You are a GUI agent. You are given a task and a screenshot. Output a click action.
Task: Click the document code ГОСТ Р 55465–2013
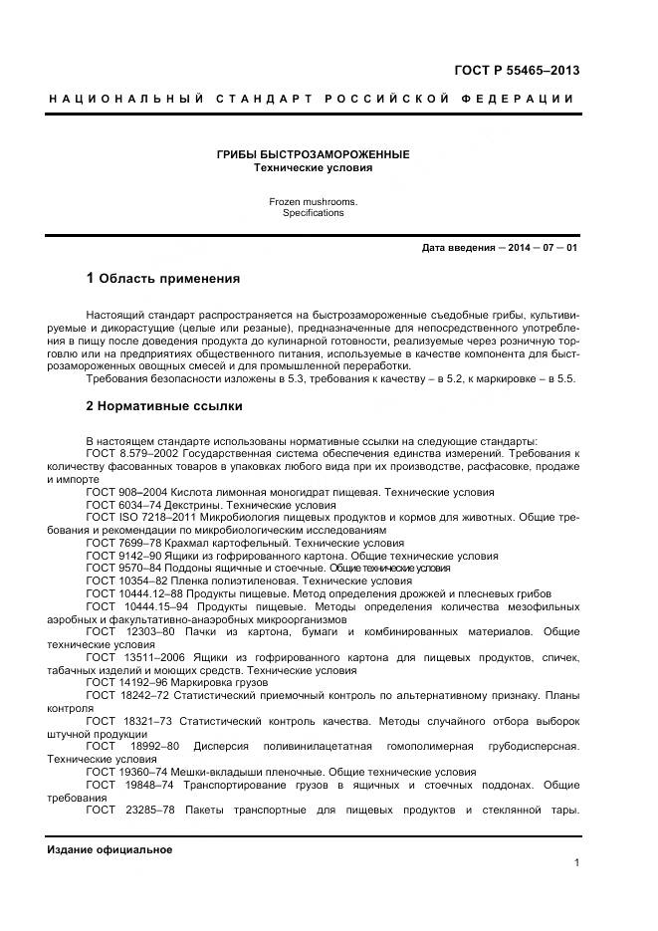click(517, 70)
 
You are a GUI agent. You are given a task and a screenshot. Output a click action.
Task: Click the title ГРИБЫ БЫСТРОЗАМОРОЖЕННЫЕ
click(314, 155)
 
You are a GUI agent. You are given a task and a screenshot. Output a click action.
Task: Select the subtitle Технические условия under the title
click(314, 168)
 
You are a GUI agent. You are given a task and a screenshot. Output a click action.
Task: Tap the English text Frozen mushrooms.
click(313, 201)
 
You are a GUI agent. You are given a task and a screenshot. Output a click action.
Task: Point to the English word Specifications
click(313, 213)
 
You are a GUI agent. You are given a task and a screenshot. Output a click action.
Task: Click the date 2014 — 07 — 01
click(543, 247)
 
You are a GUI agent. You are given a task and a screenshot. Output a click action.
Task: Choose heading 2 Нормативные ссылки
click(163, 406)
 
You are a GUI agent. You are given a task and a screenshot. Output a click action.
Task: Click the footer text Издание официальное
click(110, 849)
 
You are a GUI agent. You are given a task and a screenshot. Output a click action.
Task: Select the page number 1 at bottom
click(576, 863)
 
